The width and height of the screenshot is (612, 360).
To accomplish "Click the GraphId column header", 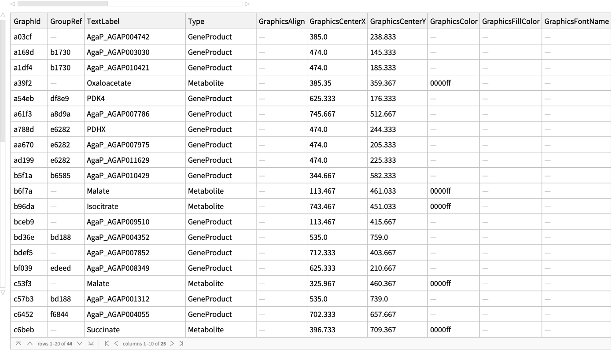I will pyautogui.click(x=27, y=22).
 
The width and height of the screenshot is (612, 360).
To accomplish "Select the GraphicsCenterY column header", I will pyautogui.click(x=397, y=22).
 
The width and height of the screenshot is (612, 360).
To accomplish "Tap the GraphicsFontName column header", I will pyautogui.click(x=576, y=22).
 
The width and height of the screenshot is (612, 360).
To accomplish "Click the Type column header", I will pyautogui.click(x=196, y=22).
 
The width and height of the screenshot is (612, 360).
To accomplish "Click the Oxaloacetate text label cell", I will pyautogui.click(x=109, y=83).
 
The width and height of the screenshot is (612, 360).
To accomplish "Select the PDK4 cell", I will pyautogui.click(x=96, y=99).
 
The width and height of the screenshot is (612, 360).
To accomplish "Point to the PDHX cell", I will pyautogui.click(x=96, y=129).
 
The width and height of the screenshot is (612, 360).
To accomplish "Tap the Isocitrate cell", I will pyautogui.click(x=103, y=206).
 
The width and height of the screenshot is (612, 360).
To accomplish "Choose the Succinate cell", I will pyautogui.click(x=103, y=330).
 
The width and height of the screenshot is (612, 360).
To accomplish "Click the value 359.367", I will pyautogui.click(x=383, y=83).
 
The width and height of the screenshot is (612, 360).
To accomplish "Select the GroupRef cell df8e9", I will pyautogui.click(x=59, y=99).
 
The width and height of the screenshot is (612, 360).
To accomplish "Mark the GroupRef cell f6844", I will pyautogui.click(x=59, y=314).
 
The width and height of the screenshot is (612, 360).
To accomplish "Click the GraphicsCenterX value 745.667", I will pyautogui.click(x=322, y=114).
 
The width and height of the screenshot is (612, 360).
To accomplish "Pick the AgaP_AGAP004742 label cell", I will pyautogui.click(x=118, y=37).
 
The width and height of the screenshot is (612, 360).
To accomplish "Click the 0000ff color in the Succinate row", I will pyautogui.click(x=440, y=330).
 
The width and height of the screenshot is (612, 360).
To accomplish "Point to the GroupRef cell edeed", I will pyautogui.click(x=60, y=268).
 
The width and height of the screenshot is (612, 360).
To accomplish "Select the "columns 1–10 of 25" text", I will pyautogui.click(x=144, y=344).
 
